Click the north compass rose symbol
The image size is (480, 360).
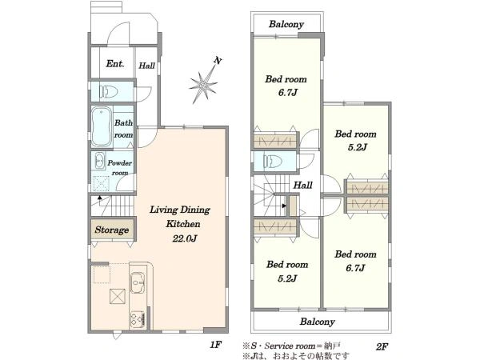click(x=202, y=85)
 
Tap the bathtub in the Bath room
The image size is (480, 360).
click(x=101, y=126)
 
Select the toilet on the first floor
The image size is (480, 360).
click(x=108, y=91)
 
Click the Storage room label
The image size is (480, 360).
click(x=112, y=230)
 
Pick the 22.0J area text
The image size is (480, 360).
click(x=184, y=238)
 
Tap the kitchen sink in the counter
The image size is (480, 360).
click(x=137, y=282)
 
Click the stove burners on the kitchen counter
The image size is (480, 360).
click(x=137, y=319)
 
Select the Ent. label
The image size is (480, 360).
click(x=115, y=64)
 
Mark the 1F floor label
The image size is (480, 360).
click(x=215, y=345)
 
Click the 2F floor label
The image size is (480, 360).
click(x=382, y=346)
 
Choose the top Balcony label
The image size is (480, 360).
click(x=286, y=24)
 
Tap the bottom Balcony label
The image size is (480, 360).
click(x=317, y=322)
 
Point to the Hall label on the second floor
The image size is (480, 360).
click(x=302, y=185)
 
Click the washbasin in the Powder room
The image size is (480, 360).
click(x=99, y=160)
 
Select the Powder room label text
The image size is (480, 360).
click(x=120, y=168)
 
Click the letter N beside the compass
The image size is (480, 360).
click(x=218, y=61)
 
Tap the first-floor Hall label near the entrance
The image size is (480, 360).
click(x=147, y=66)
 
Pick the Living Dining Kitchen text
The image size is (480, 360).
click(x=180, y=217)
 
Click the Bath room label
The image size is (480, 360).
click(x=123, y=129)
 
